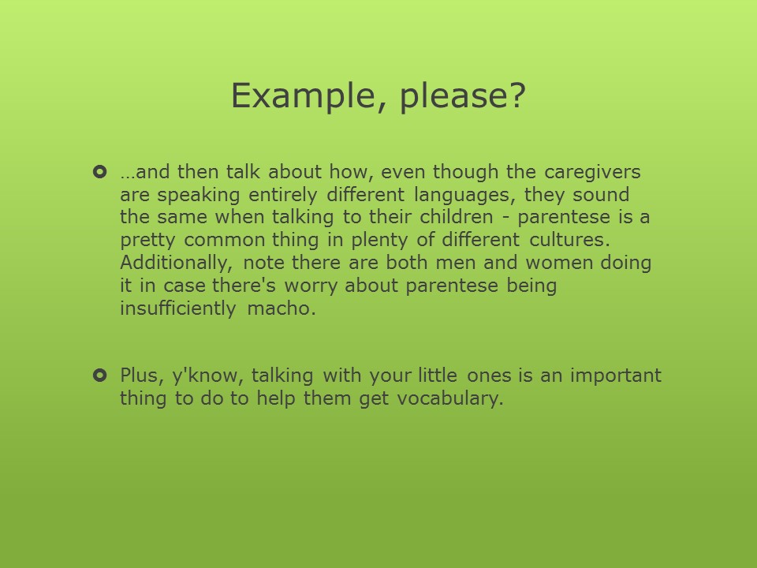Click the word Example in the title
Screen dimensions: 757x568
pyautogui.click(x=302, y=95)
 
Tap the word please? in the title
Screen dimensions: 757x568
pyautogui.click(x=463, y=95)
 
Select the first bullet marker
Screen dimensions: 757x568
pyautogui.click(x=99, y=171)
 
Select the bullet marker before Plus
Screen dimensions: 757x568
pyautogui.click(x=99, y=375)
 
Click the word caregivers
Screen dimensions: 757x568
pyautogui.click(x=592, y=173)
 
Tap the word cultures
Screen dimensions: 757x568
pyautogui.click(x=569, y=240)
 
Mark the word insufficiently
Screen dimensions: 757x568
pyautogui.click(x=177, y=308)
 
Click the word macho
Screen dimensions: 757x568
pyautogui.click(x=282, y=308)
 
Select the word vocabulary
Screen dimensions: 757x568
pyautogui.click(x=450, y=399)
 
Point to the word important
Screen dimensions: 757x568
pyautogui.click(x=616, y=376)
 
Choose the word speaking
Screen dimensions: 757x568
pyautogui.click(x=199, y=195)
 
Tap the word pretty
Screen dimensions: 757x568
pyautogui.click(x=147, y=241)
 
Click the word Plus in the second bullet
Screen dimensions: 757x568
pyautogui.click(x=139, y=376)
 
